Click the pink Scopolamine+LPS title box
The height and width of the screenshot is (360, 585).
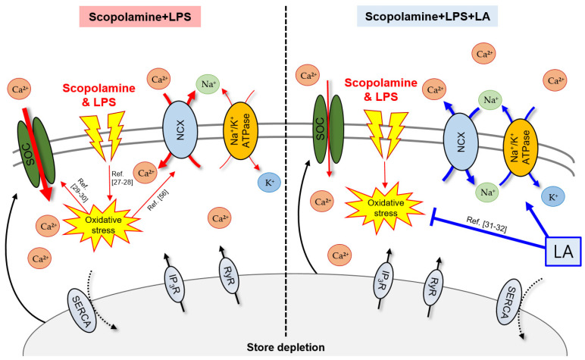pyautogui.click(x=140, y=17)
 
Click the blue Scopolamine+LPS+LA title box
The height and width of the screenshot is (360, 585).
pyautogui.click(x=427, y=17)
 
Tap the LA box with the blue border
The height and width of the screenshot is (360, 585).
pyautogui.click(x=563, y=252)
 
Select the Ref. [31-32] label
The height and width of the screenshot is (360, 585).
pyautogui.click(x=486, y=224)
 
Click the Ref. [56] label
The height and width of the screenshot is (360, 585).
pyautogui.click(x=158, y=200)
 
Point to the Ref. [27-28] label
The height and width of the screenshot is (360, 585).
pyautogui.click(x=122, y=178)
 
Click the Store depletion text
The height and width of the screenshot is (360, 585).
pyautogui.click(x=286, y=347)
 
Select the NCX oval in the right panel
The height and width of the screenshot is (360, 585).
pyautogui.click(x=461, y=142)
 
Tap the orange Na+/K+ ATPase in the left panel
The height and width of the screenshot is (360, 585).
pyautogui.click(x=241, y=130)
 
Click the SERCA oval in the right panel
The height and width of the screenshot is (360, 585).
pyautogui.click(x=508, y=302)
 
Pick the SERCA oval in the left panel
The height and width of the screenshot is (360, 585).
pyautogui.click(x=82, y=311)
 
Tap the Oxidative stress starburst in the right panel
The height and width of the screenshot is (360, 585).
pyautogui.click(x=386, y=208)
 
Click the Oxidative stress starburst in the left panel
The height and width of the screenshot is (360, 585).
pyautogui.click(x=102, y=224)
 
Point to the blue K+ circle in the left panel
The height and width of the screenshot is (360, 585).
pyautogui.click(x=269, y=183)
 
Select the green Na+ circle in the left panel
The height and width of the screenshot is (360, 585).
pyautogui.click(x=208, y=84)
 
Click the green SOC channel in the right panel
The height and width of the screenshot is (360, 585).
pyautogui.click(x=328, y=129)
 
